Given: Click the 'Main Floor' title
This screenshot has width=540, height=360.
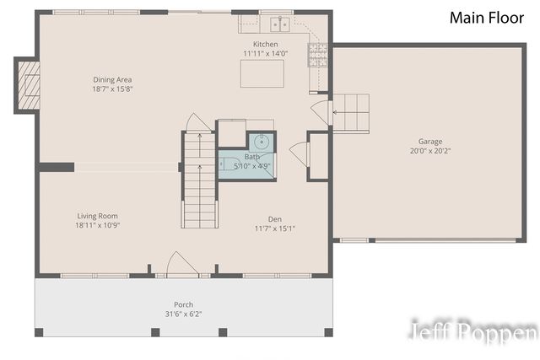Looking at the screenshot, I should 487,18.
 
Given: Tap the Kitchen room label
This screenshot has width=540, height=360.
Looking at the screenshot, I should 266,44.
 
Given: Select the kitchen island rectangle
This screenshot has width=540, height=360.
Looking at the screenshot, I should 262,73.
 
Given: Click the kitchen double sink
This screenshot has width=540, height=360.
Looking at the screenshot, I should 278,24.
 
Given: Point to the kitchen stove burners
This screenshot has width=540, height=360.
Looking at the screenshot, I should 319,54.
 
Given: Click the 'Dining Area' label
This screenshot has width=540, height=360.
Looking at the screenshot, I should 112,80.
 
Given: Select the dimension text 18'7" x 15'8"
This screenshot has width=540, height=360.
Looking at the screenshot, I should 113,89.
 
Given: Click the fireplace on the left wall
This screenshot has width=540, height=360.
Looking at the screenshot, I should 27,84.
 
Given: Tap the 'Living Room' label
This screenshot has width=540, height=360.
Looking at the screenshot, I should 97,216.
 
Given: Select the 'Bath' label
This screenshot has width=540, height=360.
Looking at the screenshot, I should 252,157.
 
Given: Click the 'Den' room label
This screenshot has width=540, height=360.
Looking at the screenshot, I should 275,218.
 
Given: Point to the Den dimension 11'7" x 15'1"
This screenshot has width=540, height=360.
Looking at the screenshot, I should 275,228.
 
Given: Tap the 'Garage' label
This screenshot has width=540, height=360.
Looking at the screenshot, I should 429,142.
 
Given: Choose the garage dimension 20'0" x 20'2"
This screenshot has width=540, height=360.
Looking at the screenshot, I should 429,152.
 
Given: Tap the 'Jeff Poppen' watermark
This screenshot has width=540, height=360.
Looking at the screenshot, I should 472,333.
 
